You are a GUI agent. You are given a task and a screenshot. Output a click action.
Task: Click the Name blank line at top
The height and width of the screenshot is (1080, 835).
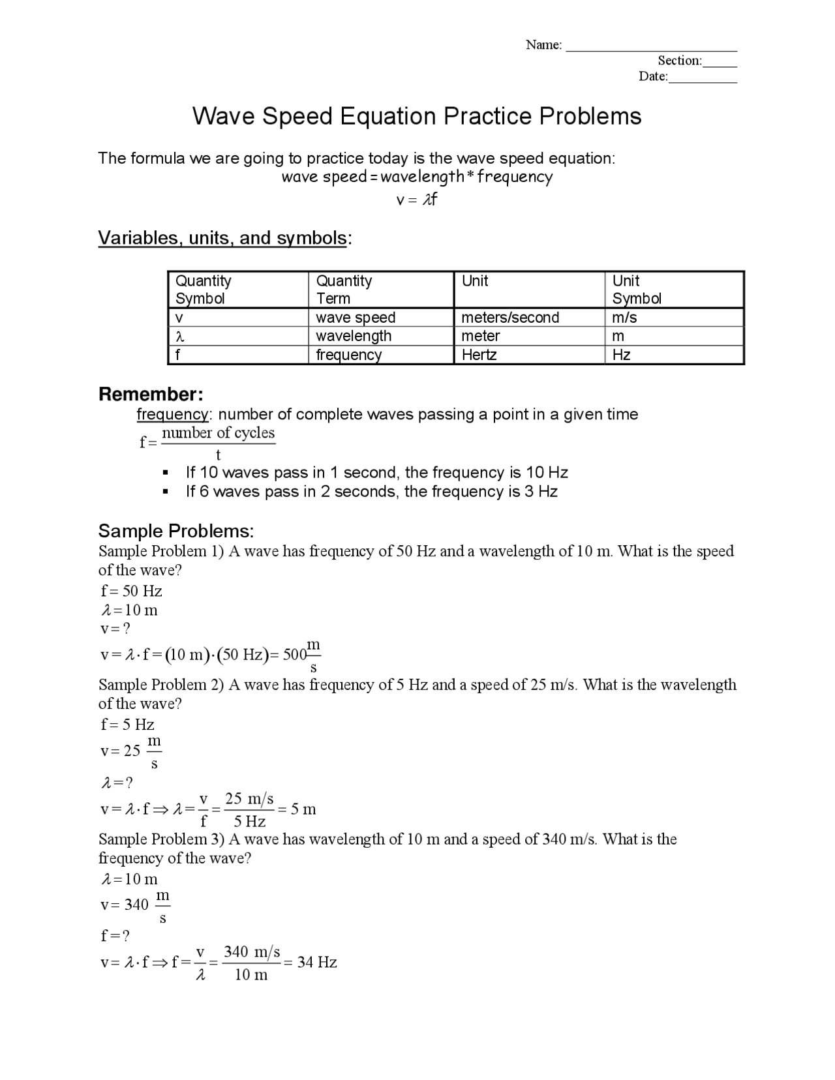(651, 47)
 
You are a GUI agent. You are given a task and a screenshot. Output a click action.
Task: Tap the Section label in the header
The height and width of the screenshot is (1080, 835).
(679, 61)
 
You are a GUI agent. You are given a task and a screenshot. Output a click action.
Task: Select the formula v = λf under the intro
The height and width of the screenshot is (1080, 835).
(416, 200)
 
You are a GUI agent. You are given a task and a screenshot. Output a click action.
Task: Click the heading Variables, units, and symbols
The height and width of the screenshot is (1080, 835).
(222, 238)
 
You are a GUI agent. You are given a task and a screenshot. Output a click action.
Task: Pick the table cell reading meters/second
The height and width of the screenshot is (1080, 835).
(510, 318)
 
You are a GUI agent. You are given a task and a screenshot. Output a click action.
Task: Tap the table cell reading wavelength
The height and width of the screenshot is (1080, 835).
(354, 336)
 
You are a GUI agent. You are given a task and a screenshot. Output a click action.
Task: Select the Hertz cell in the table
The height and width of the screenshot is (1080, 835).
(479, 355)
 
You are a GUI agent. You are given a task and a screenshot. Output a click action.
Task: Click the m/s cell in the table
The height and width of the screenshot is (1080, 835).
(624, 318)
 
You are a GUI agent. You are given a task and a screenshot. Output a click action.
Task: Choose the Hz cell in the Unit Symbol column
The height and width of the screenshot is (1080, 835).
(621, 355)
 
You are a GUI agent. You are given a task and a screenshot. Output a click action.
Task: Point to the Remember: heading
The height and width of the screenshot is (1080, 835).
(151, 395)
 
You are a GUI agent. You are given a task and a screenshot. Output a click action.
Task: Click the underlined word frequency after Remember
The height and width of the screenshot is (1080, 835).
(172, 414)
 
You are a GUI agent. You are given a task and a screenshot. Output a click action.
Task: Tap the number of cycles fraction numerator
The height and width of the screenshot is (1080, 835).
(218, 433)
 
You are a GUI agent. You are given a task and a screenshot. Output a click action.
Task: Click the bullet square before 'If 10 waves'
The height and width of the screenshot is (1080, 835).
(166, 472)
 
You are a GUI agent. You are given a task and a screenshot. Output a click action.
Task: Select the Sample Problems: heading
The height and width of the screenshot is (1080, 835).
(176, 530)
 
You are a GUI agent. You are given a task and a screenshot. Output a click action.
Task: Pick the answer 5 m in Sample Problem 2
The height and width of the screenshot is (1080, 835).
(303, 809)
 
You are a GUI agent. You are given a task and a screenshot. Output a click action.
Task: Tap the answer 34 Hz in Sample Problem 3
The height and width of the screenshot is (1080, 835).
(317, 962)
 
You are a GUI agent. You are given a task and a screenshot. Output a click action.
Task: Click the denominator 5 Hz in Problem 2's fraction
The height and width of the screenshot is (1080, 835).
(249, 821)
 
